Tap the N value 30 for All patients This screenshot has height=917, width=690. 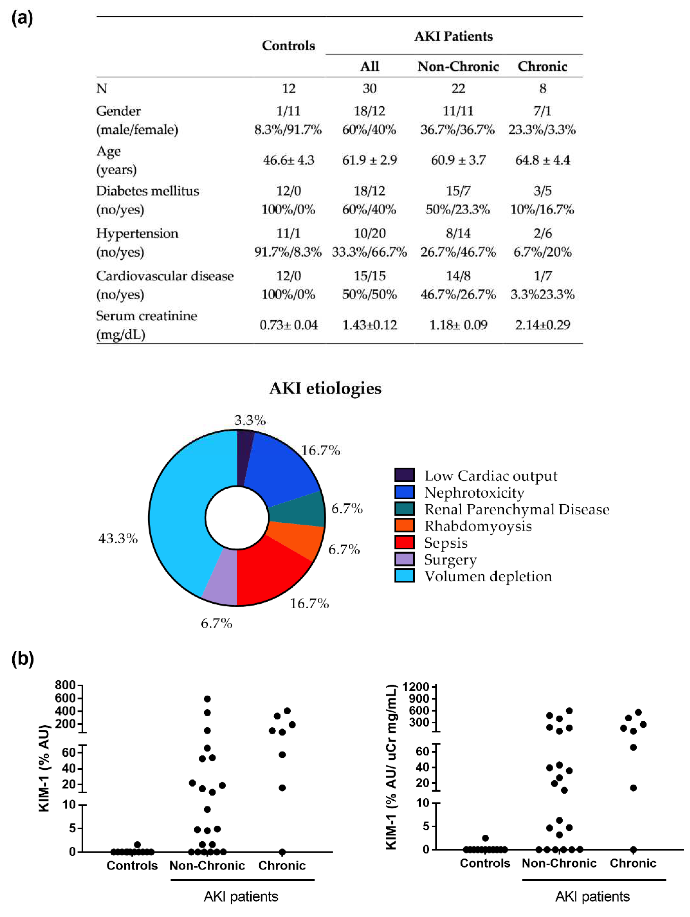(369, 88)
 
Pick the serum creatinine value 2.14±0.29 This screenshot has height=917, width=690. (542, 325)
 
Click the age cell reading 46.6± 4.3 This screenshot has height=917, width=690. (289, 160)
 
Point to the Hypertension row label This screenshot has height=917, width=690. (137, 234)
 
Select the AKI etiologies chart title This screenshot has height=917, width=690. (325, 389)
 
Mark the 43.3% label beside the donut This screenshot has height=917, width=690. (118, 539)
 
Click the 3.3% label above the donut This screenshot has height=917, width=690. (250, 420)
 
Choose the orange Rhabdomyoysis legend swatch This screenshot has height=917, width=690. (404, 525)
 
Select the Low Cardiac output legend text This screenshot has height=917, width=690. (491, 476)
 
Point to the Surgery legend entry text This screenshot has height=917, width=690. (450, 560)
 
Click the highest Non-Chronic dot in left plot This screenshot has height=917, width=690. (207, 699)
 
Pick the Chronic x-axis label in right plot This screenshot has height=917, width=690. (633, 863)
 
